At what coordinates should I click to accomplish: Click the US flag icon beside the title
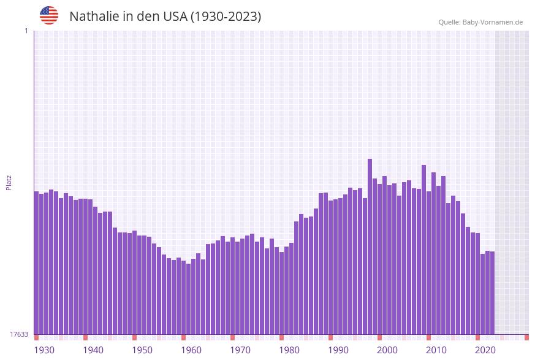(49, 15)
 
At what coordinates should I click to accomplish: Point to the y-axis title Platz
(9, 182)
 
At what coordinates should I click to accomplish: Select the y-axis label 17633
(19, 334)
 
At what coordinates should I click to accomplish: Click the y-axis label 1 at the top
(26, 31)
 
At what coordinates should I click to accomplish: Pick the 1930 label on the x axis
(44, 350)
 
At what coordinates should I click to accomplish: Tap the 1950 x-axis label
(142, 350)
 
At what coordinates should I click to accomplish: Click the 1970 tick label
(240, 350)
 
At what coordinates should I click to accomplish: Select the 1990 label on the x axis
(338, 350)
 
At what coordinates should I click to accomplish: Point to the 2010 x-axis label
(436, 350)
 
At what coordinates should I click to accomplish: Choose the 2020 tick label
(485, 350)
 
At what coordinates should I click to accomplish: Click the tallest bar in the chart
(370, 245)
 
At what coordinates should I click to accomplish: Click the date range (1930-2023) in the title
(226, 17)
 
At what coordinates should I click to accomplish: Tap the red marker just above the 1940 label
(85, 337)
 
